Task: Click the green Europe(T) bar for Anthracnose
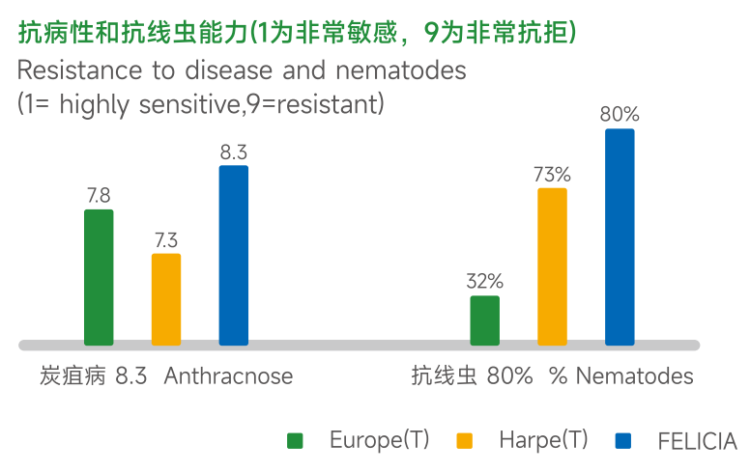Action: (x=99, y=277)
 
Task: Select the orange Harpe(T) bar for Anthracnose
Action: (x=166, y=299)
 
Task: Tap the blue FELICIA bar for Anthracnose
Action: (x=234, y=255)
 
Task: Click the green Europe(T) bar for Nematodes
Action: (x=484, y=320)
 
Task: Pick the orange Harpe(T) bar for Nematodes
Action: (x=552, y=266)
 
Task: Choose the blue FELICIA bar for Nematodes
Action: (x=620, y=236)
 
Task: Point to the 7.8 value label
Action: (x=99, y=196)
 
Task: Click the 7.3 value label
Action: (x=166, y=240)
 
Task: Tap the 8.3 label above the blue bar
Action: (x=234, y=152)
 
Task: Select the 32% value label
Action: (x=484, y=282)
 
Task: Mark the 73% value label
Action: (x=552, y=175)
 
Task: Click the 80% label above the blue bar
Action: (x=620, y=115)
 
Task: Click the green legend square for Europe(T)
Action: (x=296, y=441)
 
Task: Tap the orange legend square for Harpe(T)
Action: (x=465, y=441)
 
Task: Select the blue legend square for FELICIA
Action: (x=623, y=441)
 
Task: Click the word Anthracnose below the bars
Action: (x=228, y=376)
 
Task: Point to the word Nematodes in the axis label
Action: (x=634, y=376)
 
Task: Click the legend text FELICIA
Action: (x=697, y=442)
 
